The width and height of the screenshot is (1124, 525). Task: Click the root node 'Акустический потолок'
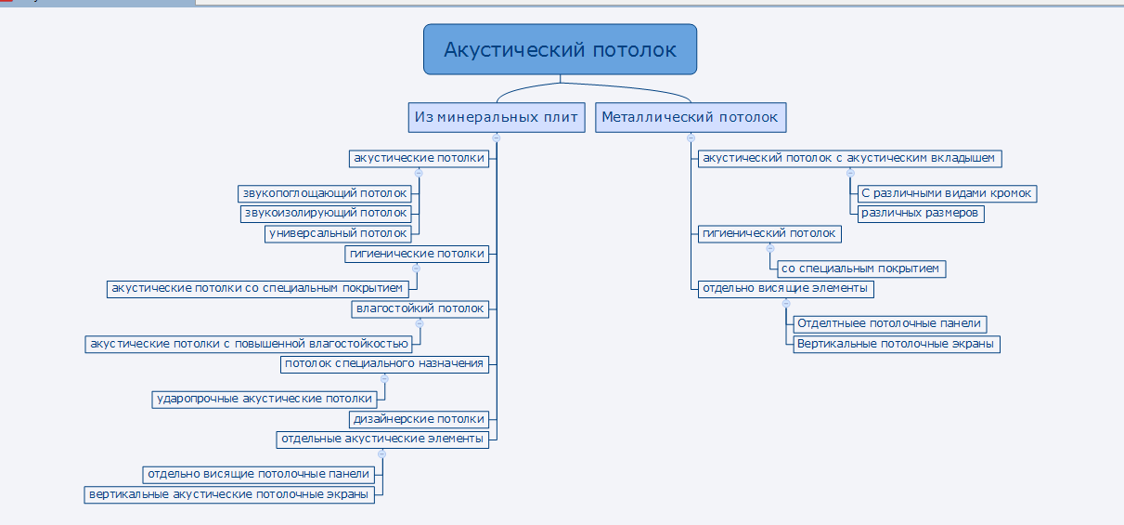560,49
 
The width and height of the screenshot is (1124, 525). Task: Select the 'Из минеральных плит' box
497,118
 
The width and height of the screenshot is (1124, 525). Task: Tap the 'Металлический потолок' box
691,118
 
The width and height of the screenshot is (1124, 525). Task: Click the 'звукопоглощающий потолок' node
325,193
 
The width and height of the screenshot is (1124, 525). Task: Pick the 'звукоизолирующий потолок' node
326,214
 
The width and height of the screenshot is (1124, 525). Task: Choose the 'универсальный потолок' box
338,233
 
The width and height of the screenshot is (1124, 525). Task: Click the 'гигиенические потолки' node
417,254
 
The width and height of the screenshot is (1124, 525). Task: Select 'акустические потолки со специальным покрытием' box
257,289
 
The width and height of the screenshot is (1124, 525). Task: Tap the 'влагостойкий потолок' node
420,309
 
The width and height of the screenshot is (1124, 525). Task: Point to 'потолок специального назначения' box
384,364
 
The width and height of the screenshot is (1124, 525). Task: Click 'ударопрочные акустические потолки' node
265,400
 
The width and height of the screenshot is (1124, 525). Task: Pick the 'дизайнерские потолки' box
419,419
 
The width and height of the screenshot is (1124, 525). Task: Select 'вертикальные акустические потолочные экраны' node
229,495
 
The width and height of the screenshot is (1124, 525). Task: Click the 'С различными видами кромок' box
947,193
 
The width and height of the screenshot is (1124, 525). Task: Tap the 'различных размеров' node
921,214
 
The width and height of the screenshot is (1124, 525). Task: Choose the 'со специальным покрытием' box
861,269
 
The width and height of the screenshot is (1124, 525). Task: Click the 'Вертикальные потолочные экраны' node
897,344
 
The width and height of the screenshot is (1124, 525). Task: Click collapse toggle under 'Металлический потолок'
691,138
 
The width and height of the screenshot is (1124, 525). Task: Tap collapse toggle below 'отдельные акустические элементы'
381,453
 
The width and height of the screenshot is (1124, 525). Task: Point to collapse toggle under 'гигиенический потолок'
770,248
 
